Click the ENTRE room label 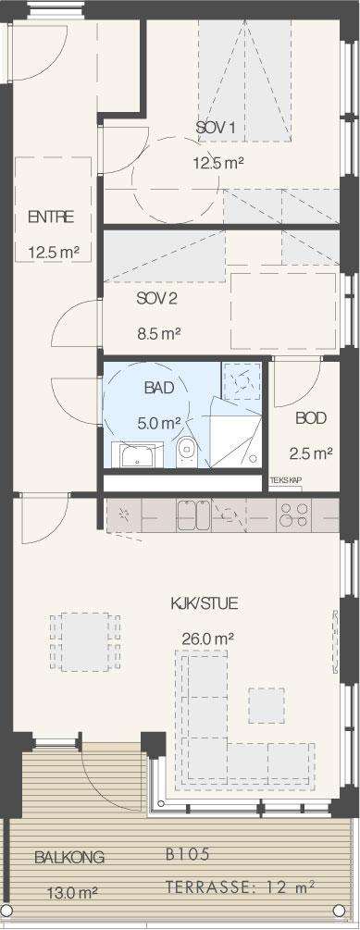(x=51, y=217)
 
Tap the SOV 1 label (x=216, y=127)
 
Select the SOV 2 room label (x=156, y=298)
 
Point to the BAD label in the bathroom (x=159, y=389)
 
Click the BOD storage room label (x=311, y=418)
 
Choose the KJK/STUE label (x=204, y=603)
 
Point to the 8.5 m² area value (x=158, y=334)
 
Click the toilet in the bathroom (x=186, y=453)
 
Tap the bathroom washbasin (x=138, y=455)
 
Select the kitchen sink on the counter (x=193, y=515)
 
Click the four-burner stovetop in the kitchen (x=293, y=515)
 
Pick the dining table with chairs (x=85, y=642)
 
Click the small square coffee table (x=266, y=705)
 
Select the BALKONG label (x=69, y=857)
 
